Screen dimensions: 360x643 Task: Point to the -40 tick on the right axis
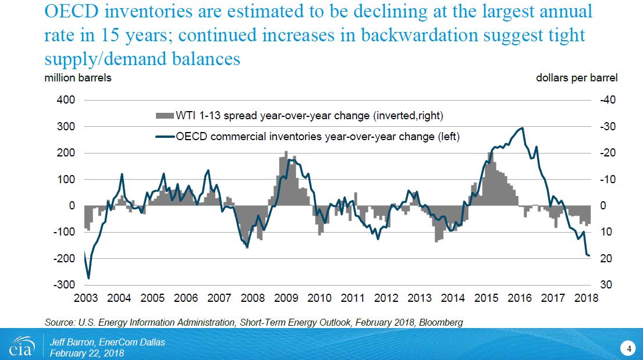tap(608, 100)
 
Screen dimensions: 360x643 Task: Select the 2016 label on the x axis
tap(520, 298)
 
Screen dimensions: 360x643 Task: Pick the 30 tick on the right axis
tap(605, 285)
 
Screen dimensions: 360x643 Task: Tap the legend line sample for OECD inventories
tap(164, 137)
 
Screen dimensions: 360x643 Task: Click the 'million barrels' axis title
tap(78, 78)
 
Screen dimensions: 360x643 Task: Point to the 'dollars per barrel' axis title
tap(577, 78)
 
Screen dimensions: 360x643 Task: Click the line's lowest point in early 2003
tap(88, 279)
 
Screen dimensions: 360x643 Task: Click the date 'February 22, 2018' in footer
tap(87, 353)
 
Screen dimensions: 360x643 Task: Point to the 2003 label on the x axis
tap(86, 298)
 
